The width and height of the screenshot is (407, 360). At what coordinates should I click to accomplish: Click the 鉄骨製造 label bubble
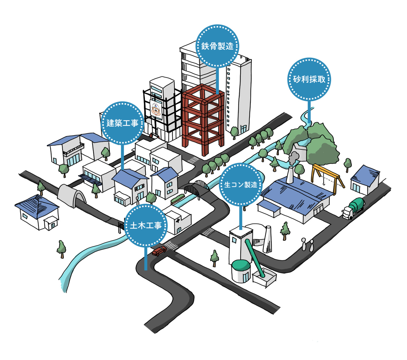coord(217,46)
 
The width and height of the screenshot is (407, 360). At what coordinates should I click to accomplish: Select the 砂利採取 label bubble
coord(309,79)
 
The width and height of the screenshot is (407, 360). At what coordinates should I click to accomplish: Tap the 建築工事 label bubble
coord(122,123)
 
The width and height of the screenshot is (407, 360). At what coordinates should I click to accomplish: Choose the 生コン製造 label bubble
coord(241,185)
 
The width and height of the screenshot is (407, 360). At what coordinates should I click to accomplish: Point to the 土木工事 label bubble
coord(146,225)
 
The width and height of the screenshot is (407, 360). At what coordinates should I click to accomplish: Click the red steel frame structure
coord(203,119)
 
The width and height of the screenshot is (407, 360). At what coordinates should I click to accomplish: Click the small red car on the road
coord(159,251)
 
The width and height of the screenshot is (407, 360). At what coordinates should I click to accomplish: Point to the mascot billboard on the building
coord(156,110)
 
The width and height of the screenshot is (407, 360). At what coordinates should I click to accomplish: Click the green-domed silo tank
coord(241,271)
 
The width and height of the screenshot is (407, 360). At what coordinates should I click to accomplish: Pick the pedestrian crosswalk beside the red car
coord(172,245)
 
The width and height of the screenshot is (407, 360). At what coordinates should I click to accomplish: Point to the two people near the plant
coord(308,245)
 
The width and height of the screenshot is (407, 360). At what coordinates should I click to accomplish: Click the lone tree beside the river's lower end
coord(62,249)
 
